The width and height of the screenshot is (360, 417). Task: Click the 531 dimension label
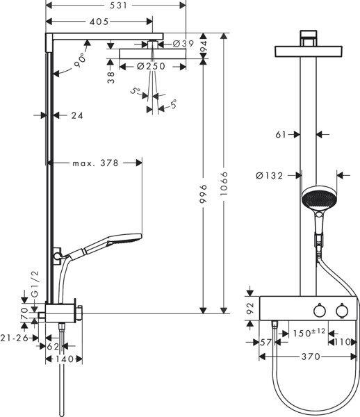point(119,6)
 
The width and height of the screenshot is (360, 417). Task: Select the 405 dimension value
point(99,22)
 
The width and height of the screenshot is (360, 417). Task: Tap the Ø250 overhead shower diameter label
point(151,66)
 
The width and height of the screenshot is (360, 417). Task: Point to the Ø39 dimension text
point(183,44)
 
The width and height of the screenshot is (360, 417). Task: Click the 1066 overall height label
point(224,183)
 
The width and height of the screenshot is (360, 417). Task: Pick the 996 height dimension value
point(203,194)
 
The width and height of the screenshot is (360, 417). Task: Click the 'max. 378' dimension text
point(95,163)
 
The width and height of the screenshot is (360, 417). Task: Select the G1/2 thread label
point(35,284)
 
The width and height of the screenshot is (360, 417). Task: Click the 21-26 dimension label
point(15,338)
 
